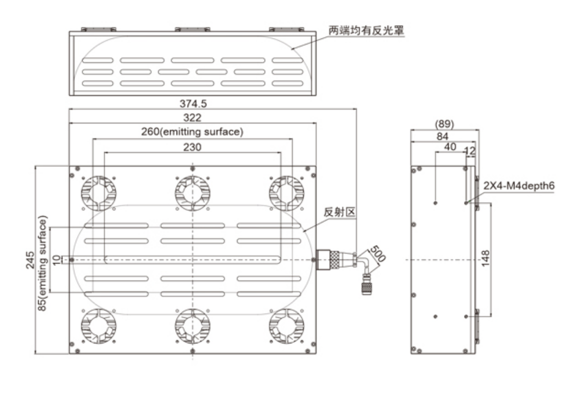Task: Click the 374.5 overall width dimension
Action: click(193, 103)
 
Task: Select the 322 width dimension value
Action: click(193, 117)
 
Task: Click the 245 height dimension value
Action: click(31, 260)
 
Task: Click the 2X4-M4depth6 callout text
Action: click(518, 185)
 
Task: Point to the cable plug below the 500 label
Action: click(367, 284)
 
